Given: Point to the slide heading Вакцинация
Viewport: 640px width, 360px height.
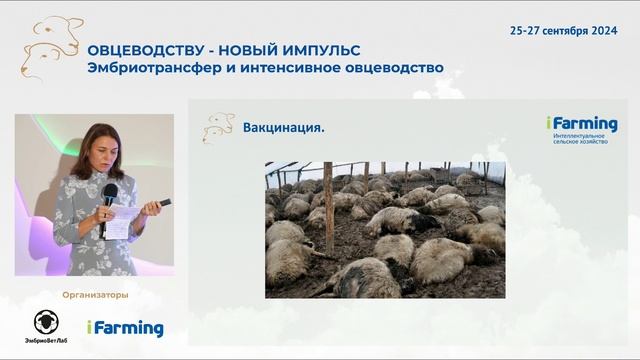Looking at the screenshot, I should tap(284, 128).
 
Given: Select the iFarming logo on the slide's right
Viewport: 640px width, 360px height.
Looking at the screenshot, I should tap(581, 124).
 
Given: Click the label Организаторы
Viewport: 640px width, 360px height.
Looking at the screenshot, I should tap(95, 295).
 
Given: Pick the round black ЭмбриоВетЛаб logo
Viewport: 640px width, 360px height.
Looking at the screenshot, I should tap(46, 322).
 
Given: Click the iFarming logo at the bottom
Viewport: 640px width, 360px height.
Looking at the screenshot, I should tap(124, 328).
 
